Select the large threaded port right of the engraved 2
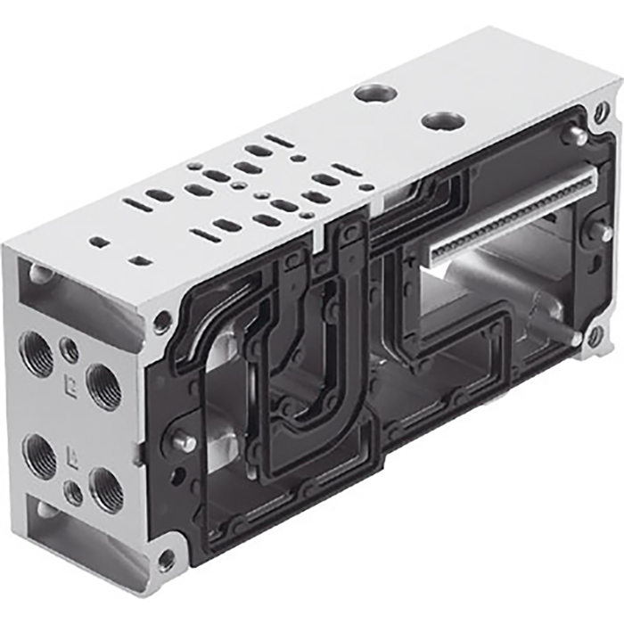click(x=104, y=386)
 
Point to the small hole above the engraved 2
click(x=69, y=349)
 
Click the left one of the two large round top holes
click(x=374, y=93)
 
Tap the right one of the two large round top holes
click(x=443, y=120)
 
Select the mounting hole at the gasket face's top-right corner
click(x=602, y=111)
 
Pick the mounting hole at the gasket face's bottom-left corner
click(x=166, y=560)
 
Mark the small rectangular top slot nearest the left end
click(x=100, y=242)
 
